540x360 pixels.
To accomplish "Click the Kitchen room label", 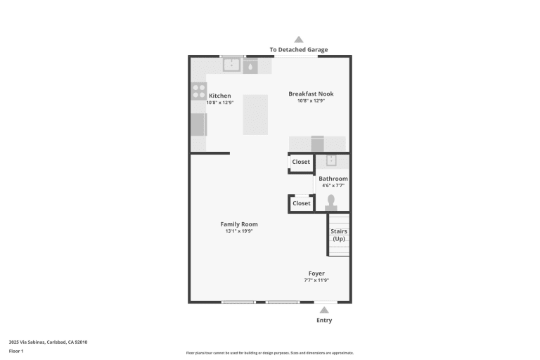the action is coord(219,96).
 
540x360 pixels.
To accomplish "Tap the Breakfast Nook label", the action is coord(311,94).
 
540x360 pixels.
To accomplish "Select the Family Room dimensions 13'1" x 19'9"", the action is coord(239,231).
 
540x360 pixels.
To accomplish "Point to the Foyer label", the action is coord(316,274).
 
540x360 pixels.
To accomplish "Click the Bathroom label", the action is coord(333,179).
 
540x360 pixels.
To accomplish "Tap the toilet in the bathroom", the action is coord(331,202).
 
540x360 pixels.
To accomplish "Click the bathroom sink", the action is coord(331,160).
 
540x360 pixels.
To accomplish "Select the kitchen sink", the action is coord(231,65).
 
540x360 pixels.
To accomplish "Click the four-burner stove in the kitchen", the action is coord(199,91).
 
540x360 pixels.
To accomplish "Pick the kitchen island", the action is coord(255,115).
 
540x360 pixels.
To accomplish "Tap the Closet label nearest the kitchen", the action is coord(301,162).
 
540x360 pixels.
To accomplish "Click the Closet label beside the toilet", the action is coord(302,203).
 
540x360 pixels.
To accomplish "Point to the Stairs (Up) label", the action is coord(339,235).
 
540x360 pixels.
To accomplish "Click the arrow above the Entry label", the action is coord(324,310).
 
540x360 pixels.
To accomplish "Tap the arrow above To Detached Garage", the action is coord(299,39).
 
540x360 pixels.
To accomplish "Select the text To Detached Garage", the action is coord(299,50).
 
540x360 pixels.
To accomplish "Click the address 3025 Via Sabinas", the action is coord(27,342).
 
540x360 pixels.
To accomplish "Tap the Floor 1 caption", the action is coord(16,352).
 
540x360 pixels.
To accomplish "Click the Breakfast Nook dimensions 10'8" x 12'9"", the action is coord(311,101).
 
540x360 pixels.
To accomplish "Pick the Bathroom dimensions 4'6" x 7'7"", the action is coord(333,186).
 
